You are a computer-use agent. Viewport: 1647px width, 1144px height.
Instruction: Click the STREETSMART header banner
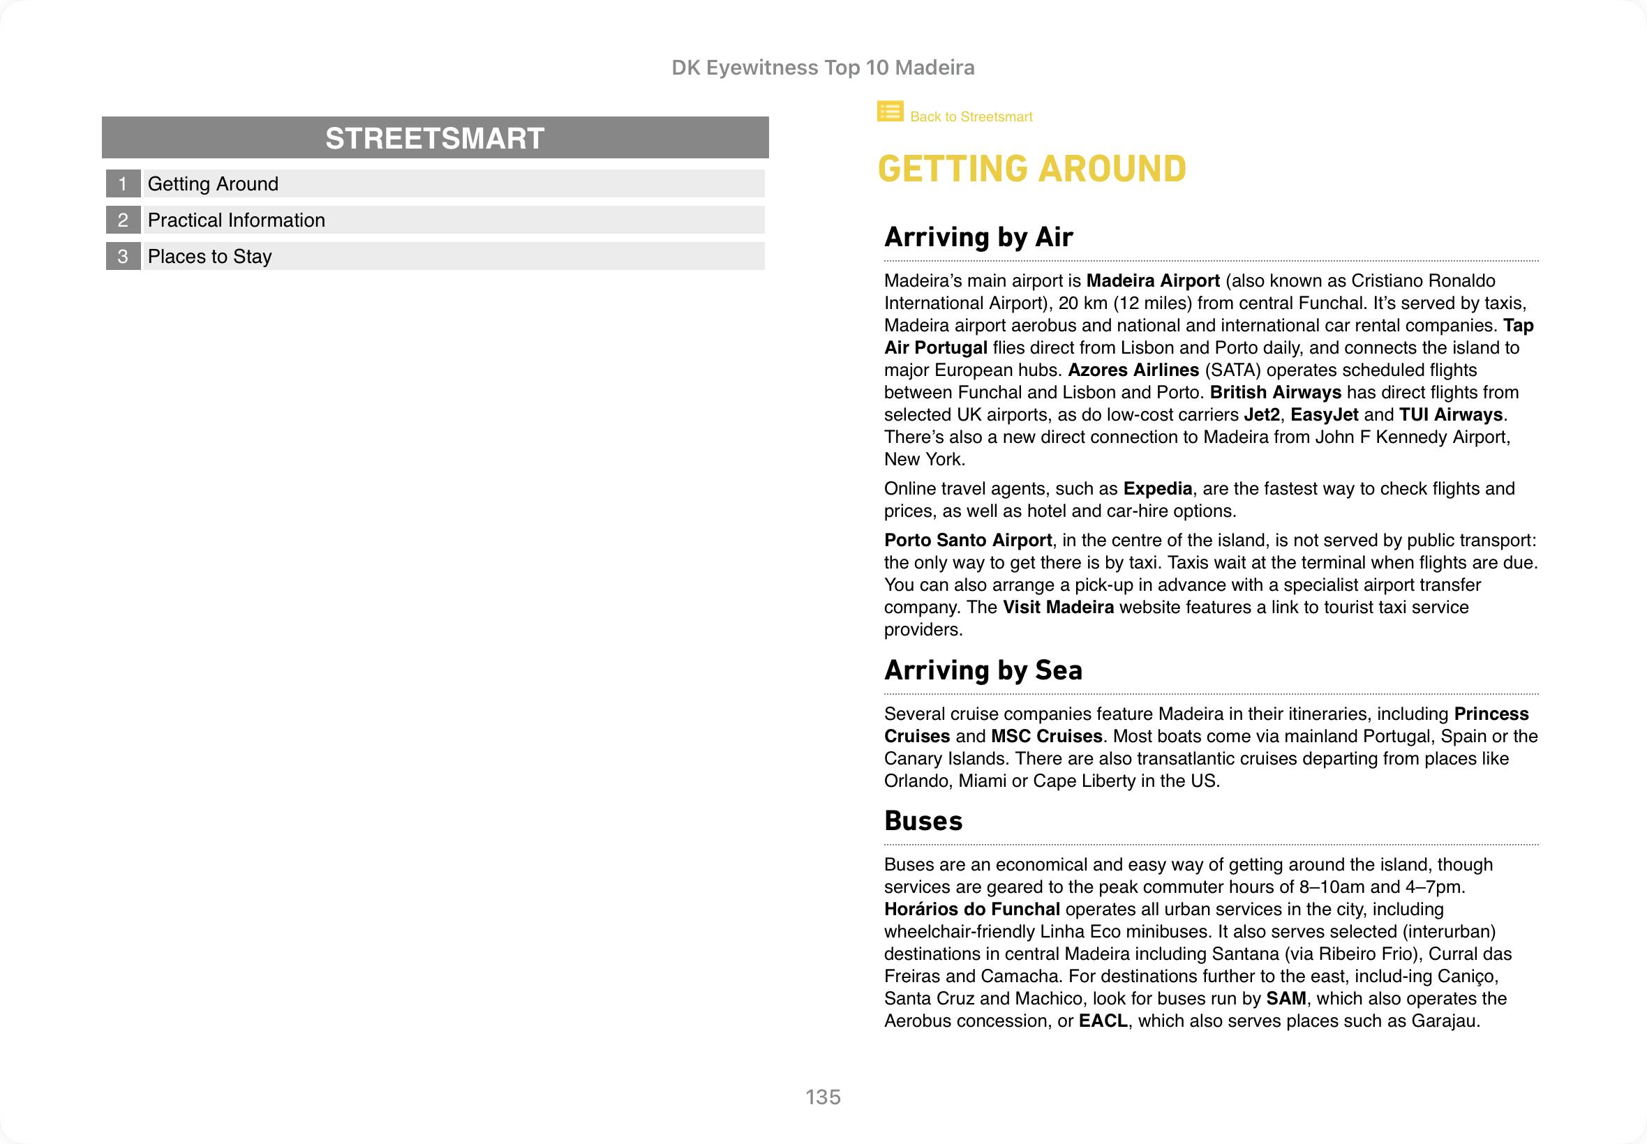[435, 137]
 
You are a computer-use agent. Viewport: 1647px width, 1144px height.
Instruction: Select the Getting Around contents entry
[213, 184]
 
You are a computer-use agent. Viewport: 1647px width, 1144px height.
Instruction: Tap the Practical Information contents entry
[236, 220]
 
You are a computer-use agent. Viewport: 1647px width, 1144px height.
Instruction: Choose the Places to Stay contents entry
[209, 257]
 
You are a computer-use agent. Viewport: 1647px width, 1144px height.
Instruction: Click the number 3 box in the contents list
[123, 257]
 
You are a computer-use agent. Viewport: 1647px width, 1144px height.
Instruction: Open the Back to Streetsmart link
[971, 116]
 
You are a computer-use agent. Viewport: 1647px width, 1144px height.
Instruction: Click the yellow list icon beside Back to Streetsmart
[890, 112]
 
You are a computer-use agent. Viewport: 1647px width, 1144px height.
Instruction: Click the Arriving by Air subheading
[978, 237]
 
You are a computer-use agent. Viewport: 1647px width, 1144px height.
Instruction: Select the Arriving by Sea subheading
[983, 670]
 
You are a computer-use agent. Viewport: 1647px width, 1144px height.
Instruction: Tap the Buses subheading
[923, 821]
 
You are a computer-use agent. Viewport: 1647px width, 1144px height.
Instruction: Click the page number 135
[822, 1097]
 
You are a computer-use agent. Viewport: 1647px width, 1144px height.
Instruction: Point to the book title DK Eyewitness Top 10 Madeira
[822, 68]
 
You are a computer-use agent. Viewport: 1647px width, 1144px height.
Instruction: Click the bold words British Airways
[1275, 393]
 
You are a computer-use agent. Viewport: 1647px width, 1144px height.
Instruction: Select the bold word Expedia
[1157, 489]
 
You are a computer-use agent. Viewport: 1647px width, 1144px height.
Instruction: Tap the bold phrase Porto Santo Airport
[967, 541]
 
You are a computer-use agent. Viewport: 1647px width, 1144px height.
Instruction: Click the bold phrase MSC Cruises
[1046, 736]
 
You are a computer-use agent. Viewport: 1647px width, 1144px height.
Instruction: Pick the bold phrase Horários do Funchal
[971, 910]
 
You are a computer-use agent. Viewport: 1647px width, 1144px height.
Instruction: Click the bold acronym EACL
[1103, 1021]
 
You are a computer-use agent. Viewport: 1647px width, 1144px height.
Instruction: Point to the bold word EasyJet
[1324, 415]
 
